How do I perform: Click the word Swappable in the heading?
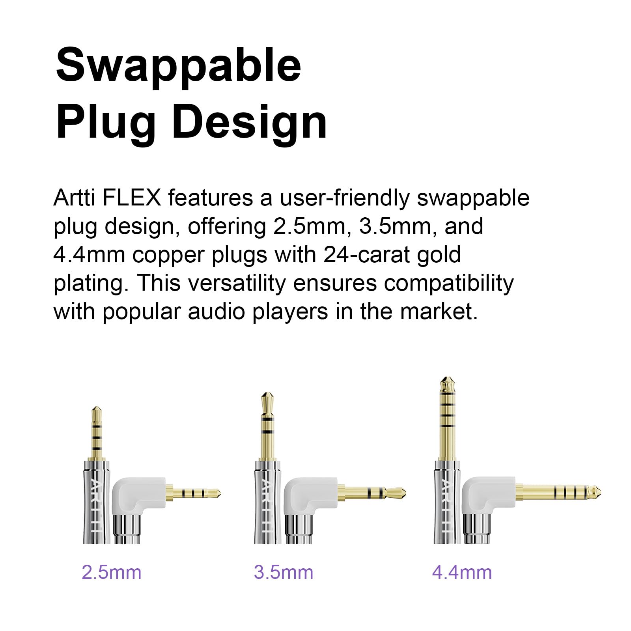[x=178, y=65]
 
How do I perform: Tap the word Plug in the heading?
[x=106, y=121]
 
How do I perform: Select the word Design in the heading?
[x=249, y=121]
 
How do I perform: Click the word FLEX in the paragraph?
[x=132, y=198]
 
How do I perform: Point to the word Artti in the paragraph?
[x=74, y=198]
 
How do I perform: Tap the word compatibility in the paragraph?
[x=449, y=283]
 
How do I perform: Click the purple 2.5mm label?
[x=112, y=572]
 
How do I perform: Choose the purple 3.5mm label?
[x=284, y=572]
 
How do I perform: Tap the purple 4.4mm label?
[x=462, y=572]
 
